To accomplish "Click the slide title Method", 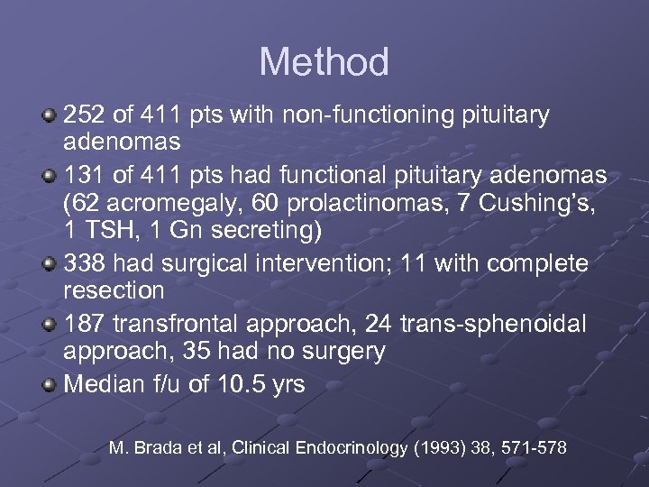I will point(324,62).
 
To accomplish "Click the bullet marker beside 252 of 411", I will point(50,115).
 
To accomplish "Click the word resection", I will point(114,291).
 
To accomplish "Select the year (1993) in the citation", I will point(440,446).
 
